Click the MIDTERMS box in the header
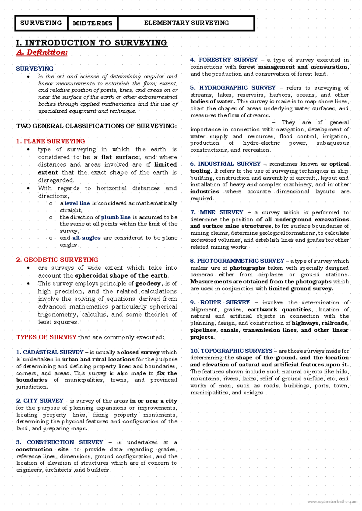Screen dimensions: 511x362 (x=93, y=23)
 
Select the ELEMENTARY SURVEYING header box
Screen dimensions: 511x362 (x=186, y=23)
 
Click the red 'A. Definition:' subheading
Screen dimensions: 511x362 (x=42, y=52)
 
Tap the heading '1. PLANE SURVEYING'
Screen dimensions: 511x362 (x=50, y=141)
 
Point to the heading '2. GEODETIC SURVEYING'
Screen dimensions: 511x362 (x=57, y=260)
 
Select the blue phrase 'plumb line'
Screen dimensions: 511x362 (x=116, y=217)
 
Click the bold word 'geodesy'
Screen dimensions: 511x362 (x=148, y=284)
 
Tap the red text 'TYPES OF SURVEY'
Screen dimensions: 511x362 (x=46, y=337)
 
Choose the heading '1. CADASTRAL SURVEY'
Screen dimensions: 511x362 (x=50, y=352)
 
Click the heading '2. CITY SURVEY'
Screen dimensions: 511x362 (x=40, y=401)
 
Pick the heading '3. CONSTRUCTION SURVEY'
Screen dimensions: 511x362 (x=59, y=442)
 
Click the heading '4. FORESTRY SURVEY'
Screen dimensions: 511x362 (x=224, y=60)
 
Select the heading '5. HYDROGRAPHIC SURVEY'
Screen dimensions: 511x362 (x=233, y=88)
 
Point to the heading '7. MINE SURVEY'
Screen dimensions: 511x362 (x=217, y=212)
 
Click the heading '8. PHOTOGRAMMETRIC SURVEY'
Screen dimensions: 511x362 (x=237, y=261)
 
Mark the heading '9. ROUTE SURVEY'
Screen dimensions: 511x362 (x=220, y=302)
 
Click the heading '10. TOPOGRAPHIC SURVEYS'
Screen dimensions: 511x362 (x=231, y=351)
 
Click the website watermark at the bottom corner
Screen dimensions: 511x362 (x=332, y=502)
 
